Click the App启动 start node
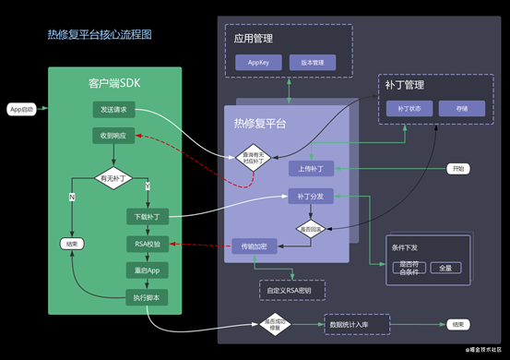pyautogui.click(x=21, y=110)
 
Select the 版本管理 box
pyautogui.click(x=313, y=63)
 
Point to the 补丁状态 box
pyautogui.click(x=409, y=109)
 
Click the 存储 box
pyautogui.click(x=462, y=109)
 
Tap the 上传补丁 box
pyautogui.click(x=310, y=169)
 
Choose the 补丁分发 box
pyautogui.click(x=310, y=196)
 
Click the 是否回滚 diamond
pyautogui.click(x=310, y=228)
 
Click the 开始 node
pyautogui.click(x=458, y=169)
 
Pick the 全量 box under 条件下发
pyautogui.click(x=445, y=268)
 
